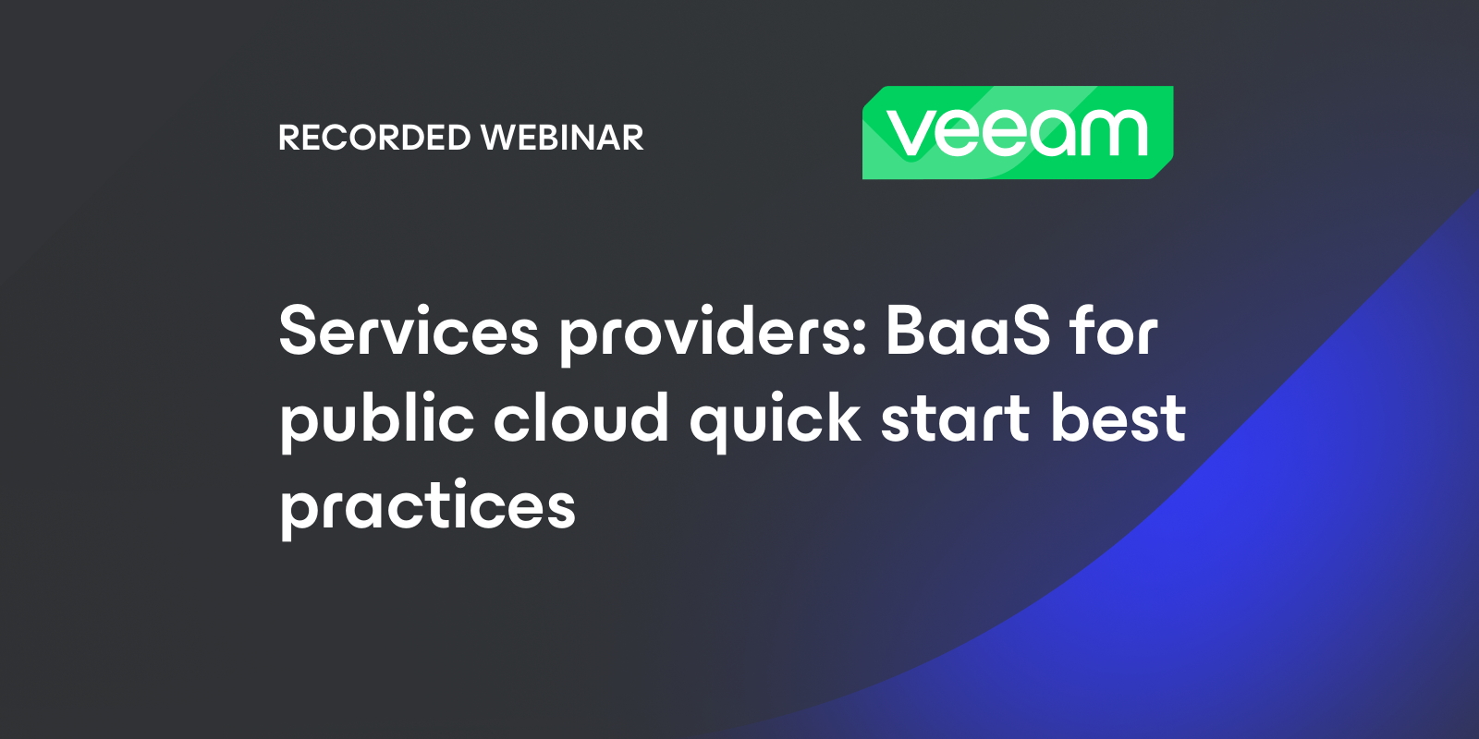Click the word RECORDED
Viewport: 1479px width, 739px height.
click(374, 138)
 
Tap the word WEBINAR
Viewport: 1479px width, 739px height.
click(562, 138)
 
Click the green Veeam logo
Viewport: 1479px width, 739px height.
click(1018, 132)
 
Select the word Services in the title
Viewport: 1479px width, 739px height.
click(409, 331)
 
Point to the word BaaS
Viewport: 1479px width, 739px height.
click(968, 331)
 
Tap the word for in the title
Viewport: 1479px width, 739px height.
click(1113, 331)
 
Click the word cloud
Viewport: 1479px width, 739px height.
click(581, 418)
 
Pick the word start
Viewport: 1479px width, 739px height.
click(955, 418)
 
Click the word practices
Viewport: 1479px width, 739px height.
click(428, 507)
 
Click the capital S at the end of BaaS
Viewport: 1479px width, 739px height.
click(1025, 331)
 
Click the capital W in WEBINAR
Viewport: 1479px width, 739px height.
click(501, 138)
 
